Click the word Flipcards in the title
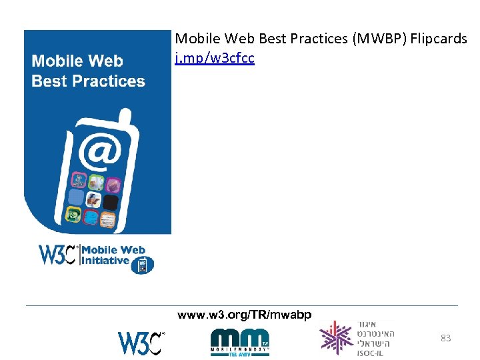[x=439, y=39]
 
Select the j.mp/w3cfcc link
[x=214, y=58]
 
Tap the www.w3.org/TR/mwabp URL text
[x=243, y=315]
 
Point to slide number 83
[x=445, y=339]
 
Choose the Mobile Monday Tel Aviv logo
[x=239, y=342]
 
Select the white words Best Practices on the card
[x=88, y=81]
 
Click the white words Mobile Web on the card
[x=77, y=61]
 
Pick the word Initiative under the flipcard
[x=105, y=260]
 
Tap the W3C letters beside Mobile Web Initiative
[x=58, y=255]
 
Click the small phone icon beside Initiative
[x=142, y=265]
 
